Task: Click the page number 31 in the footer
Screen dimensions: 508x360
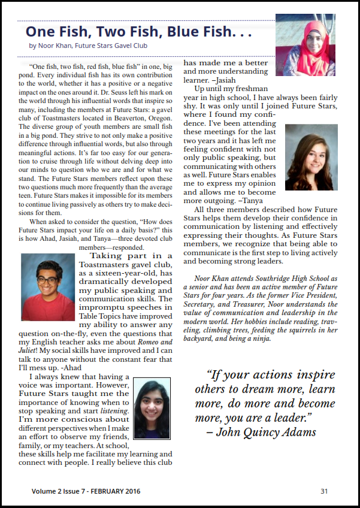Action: pyautogui.click(x=324, y=491)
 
